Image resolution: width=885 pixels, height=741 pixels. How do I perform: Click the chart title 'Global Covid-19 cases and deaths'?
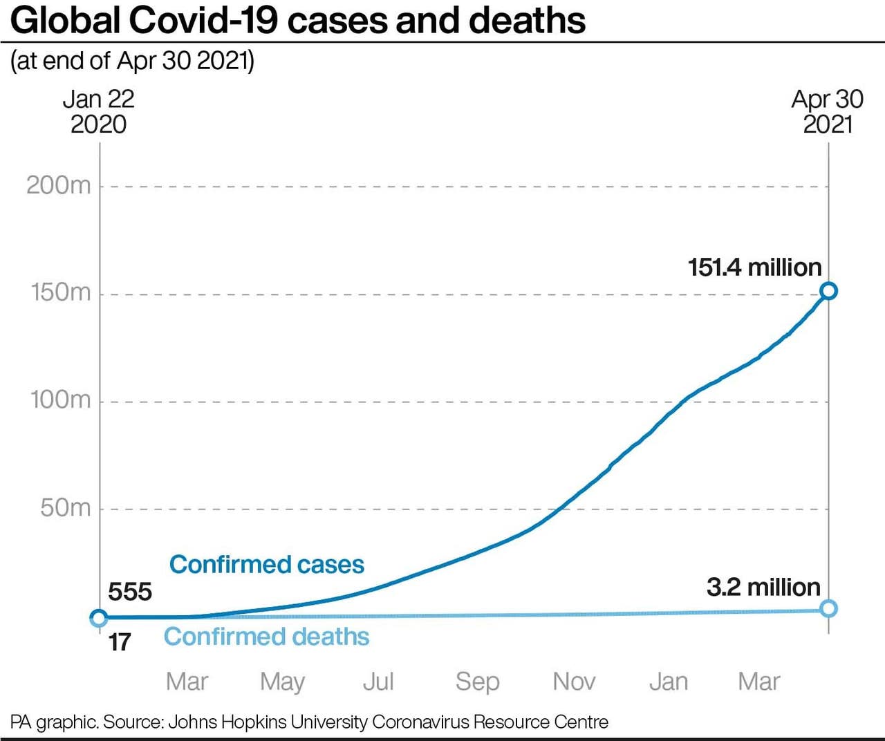click(x=298, y=20)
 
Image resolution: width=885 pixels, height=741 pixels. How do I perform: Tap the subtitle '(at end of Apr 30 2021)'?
click(x=133, y=61)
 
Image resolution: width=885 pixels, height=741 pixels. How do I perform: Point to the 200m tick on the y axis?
click(x=59, y=185)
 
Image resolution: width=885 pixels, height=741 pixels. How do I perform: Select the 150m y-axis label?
click(x=61, y=292)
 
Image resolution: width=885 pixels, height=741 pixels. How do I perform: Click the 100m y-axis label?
click(x=61, y=400)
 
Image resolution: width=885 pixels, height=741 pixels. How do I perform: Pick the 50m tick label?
click(x=66, y=507)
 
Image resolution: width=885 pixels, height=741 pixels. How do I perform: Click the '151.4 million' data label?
click(x=754, y=267)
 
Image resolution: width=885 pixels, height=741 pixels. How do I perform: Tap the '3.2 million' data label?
click(x=763, y=587)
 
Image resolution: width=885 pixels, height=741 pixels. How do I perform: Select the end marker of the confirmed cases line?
click(x=828, y=291)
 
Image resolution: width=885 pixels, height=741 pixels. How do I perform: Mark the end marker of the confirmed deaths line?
click(x=828, y=608)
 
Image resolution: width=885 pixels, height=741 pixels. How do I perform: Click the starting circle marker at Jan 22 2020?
click(x=99, y=618)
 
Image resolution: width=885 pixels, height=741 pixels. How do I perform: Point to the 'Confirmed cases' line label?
click(x=267, y=564)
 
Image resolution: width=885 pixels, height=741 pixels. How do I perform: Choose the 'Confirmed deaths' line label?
click(x=266, y=636)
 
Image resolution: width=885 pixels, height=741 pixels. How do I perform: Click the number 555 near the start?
click(x=130, y=592)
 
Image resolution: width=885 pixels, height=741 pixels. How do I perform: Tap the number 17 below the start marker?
click(x=120, y=642)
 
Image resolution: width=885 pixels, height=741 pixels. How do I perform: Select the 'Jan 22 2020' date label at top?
click(x=99, y=111)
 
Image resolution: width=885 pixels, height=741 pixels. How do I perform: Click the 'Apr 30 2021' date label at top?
click(x=828, y=111)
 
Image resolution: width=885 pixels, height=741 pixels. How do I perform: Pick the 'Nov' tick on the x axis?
click(x=574, y=682)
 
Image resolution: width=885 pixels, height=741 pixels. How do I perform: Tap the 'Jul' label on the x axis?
click(x=378, y=682)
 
